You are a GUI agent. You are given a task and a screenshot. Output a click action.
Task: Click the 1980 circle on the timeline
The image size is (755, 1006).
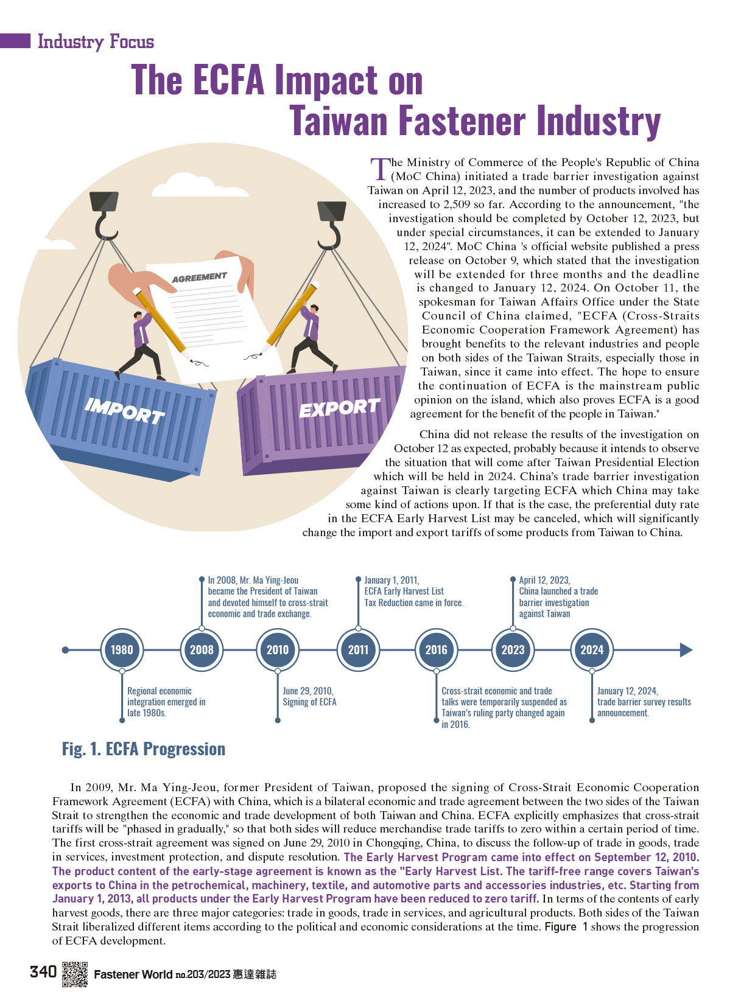122,649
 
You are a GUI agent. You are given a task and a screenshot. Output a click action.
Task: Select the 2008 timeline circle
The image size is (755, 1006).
202,649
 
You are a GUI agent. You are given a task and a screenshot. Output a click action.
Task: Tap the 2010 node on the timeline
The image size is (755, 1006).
278,649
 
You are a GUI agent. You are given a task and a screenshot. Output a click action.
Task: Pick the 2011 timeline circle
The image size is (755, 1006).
358,649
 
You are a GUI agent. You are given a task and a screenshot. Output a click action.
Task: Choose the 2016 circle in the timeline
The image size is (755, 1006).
436,649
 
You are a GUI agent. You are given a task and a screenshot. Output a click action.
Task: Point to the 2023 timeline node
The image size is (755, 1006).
513,649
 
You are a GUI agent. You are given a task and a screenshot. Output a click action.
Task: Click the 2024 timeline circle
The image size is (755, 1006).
592,649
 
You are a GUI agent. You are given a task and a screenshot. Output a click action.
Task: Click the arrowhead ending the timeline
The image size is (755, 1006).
686,649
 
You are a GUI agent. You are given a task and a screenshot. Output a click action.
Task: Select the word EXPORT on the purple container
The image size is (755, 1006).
339,407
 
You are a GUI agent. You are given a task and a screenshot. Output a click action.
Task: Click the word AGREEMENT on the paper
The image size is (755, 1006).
200,277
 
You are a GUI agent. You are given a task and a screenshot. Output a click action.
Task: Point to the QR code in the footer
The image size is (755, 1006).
75,974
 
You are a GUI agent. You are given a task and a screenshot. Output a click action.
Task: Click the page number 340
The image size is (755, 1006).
43,972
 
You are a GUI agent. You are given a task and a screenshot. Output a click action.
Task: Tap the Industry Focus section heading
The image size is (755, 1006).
96,42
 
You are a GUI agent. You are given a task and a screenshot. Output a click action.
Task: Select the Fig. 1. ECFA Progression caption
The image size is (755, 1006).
144,749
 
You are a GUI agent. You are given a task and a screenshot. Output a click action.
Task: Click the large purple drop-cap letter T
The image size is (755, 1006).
381,169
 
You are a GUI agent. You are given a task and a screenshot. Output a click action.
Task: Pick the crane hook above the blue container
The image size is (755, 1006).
105,215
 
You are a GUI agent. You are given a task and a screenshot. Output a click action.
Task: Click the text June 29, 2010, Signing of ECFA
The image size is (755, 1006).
309,696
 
